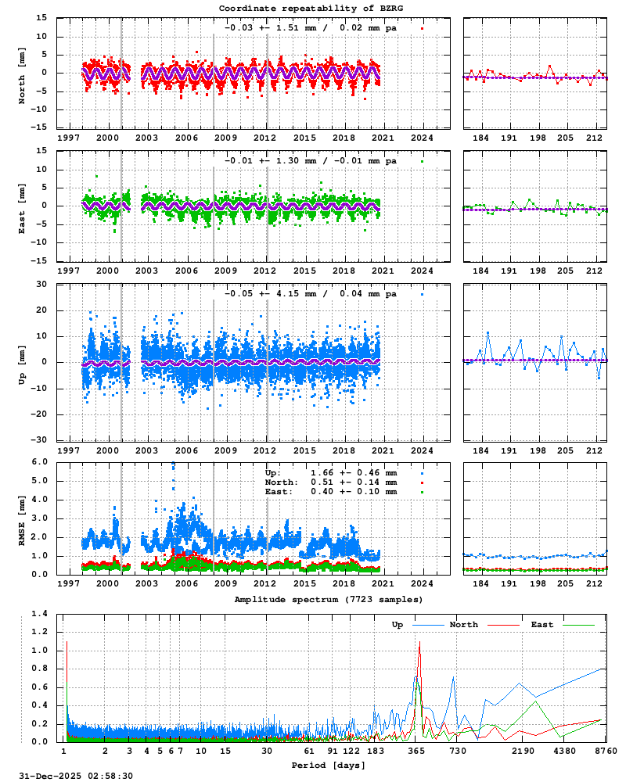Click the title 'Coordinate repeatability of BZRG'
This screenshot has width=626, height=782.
tap(311, 8)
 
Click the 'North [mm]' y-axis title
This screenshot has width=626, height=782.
tap(22, 73)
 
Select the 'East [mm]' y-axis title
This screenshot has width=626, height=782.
tap(22, 206)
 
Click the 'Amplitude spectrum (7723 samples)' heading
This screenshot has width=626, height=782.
tap(328, 598)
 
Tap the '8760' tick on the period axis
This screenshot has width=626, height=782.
tap(605, 751)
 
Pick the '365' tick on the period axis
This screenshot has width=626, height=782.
tap(416, 751)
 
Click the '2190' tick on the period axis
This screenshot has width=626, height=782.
tap(523, 751)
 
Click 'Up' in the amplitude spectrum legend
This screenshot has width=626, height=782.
tap(398, 625)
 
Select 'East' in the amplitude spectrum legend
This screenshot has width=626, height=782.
tap(542, 625)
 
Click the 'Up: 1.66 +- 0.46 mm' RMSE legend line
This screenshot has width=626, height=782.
tap(332, 473)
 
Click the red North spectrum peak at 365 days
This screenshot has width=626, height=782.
tap(419, 643)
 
